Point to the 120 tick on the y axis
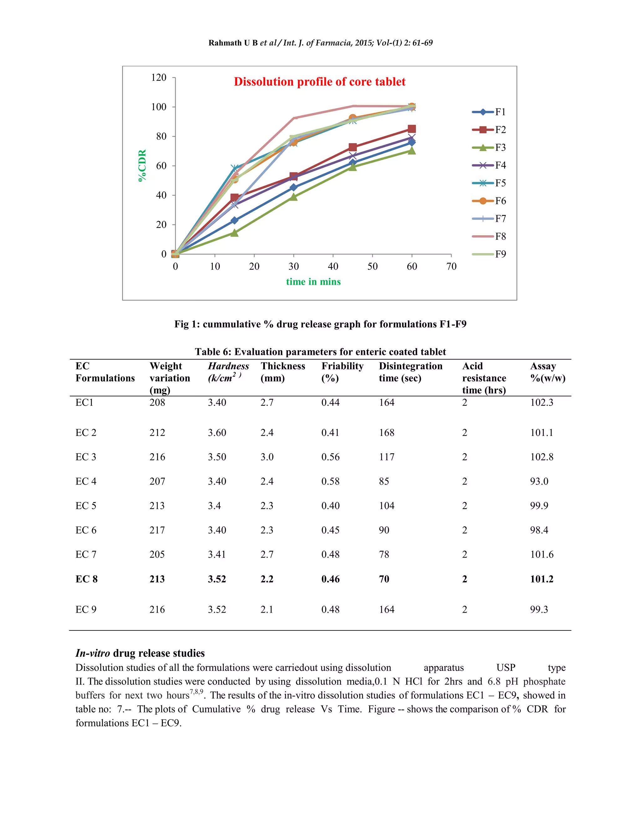point(159,78)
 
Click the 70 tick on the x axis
point(451,267)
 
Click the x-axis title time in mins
point(313,282)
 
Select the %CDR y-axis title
point(142,165)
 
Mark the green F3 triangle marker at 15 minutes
point(234,233)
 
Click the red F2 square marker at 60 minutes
point(412,129)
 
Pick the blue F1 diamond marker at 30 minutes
point(293,187)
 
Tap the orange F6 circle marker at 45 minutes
point(352,118)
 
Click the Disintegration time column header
point(411,372)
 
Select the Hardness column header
point(228,372)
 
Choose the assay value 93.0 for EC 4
point(539,481)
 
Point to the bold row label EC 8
point(87,579)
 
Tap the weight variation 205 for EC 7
point(157,554)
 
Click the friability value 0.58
point(331,481)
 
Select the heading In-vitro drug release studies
point(140,653)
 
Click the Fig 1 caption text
point(320,324)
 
